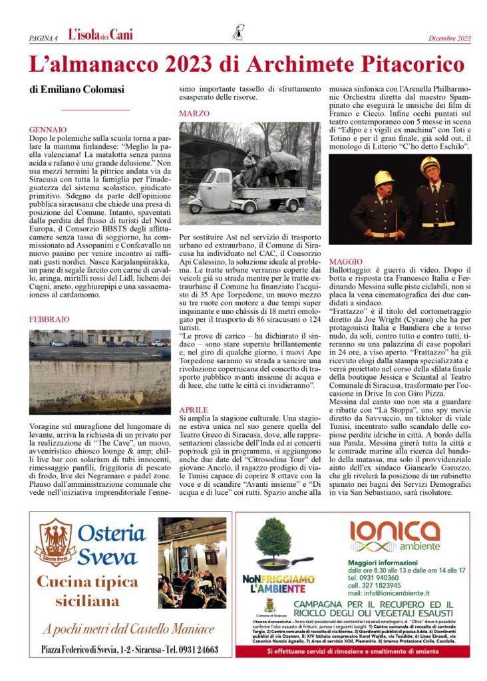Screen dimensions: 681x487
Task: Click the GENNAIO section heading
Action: pos(48,129)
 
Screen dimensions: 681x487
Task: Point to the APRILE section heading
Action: pos(194,410)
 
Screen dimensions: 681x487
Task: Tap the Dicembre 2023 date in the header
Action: pos(449,38)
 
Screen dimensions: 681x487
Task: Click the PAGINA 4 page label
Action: pos(43,38)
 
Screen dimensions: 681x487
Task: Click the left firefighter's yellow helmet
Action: pos(383,178)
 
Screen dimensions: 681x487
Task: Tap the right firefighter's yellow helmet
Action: pos(429,165)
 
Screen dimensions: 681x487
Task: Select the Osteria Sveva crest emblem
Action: pos(55,543)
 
